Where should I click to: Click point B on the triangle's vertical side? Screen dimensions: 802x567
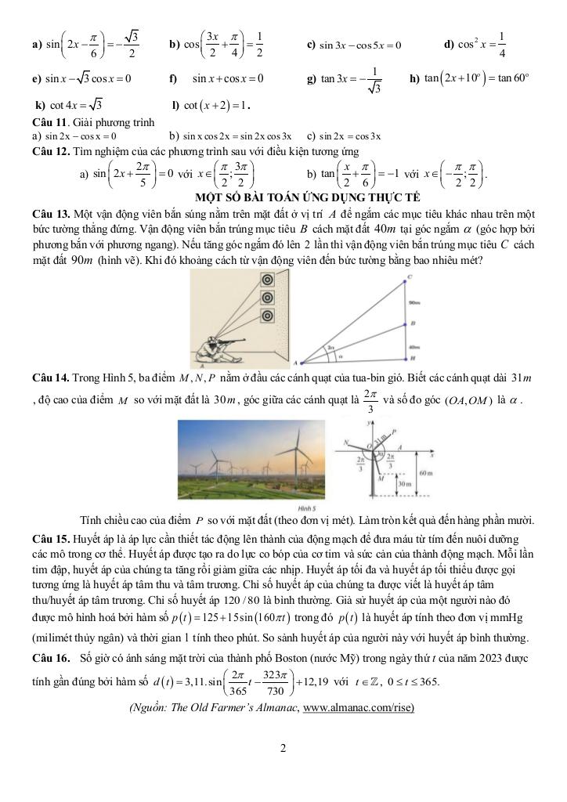tap(404, 324)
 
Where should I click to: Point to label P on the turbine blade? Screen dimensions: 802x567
tap(393, 429)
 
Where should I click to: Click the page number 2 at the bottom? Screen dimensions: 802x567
tap(283, 748)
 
